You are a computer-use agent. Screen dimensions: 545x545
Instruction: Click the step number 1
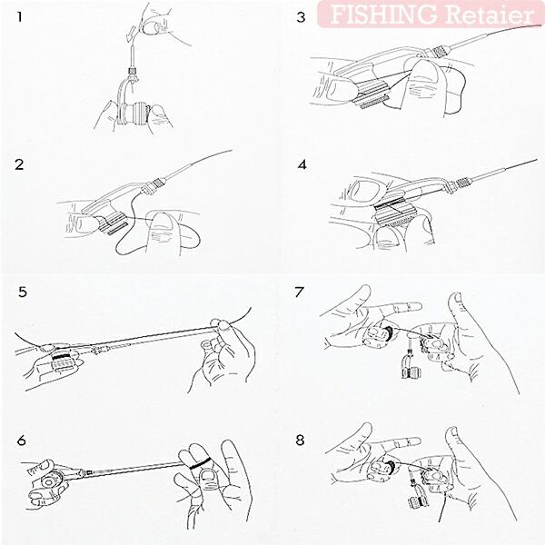(20, 16)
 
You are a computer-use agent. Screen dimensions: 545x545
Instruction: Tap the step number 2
(19, 164)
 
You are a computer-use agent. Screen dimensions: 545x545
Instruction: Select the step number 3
(301, 16)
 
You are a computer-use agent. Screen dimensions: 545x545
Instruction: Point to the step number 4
(302, 164)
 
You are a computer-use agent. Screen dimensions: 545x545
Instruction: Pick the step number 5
(23, 292)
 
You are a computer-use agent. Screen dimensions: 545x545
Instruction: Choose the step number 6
(22, 441)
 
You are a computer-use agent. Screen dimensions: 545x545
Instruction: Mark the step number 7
(299, 292)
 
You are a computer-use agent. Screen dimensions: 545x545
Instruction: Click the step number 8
(300, 441)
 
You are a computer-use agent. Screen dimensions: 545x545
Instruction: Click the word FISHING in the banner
(383, 14)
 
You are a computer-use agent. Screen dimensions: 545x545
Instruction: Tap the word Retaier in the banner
(489, 15)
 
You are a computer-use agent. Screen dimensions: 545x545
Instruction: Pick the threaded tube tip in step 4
(463, 183)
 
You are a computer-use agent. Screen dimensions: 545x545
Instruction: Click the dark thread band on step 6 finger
(201, 463)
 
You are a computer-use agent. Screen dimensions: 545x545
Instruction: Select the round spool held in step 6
(49, 482)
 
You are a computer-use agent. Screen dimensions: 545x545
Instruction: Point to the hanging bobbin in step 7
(411, 368)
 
